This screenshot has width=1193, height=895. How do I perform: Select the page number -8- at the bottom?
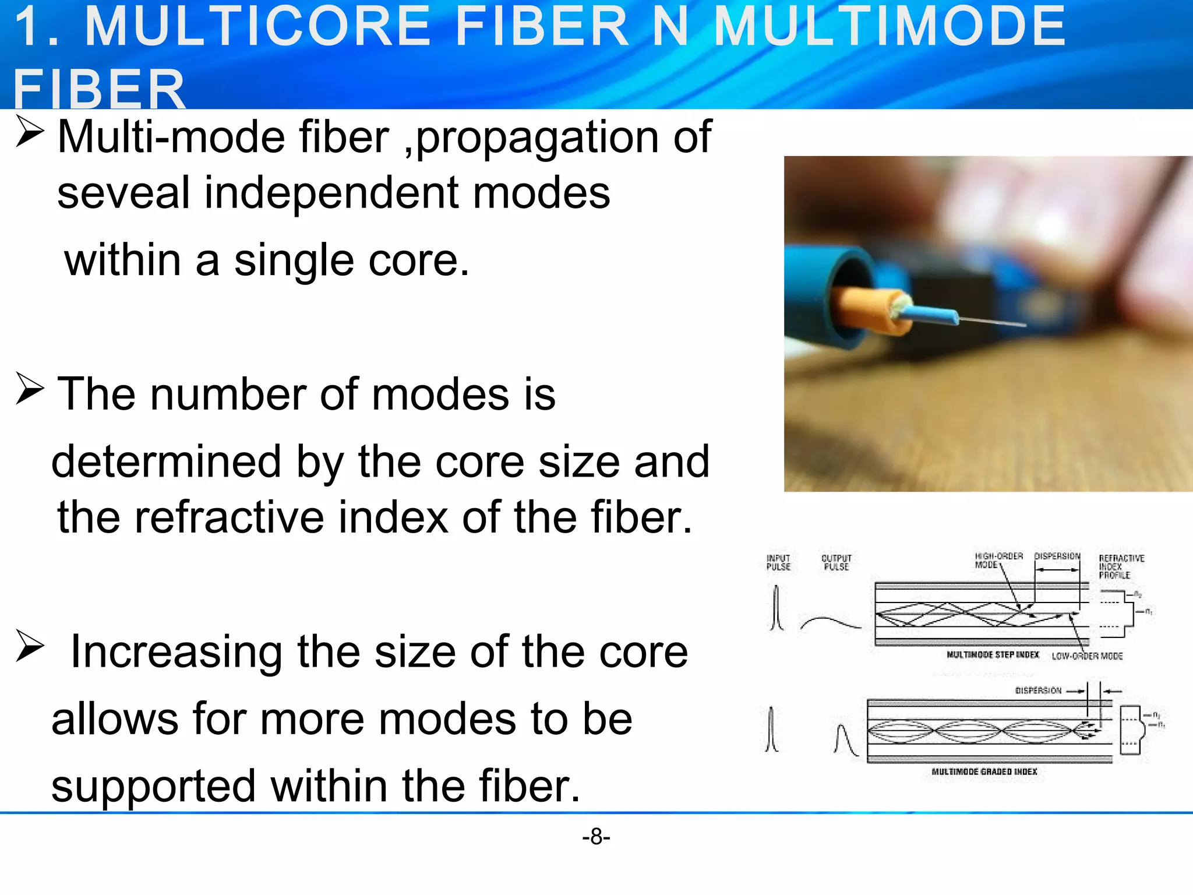[596, 837]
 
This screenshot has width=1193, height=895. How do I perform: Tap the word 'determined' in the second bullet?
[167, 461]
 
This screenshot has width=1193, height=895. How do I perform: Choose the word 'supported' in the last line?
[153, 786]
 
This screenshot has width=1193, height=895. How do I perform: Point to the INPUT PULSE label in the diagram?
[778, 562]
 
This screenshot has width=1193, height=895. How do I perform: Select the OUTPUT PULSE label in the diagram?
[836, 562]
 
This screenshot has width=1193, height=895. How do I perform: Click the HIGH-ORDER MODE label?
[998, 560]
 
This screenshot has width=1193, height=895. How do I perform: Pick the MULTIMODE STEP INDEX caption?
[993, 655]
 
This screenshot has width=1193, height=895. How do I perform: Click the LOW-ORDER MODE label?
[1087, 656]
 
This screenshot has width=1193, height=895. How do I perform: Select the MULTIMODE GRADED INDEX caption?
[984, 771]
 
